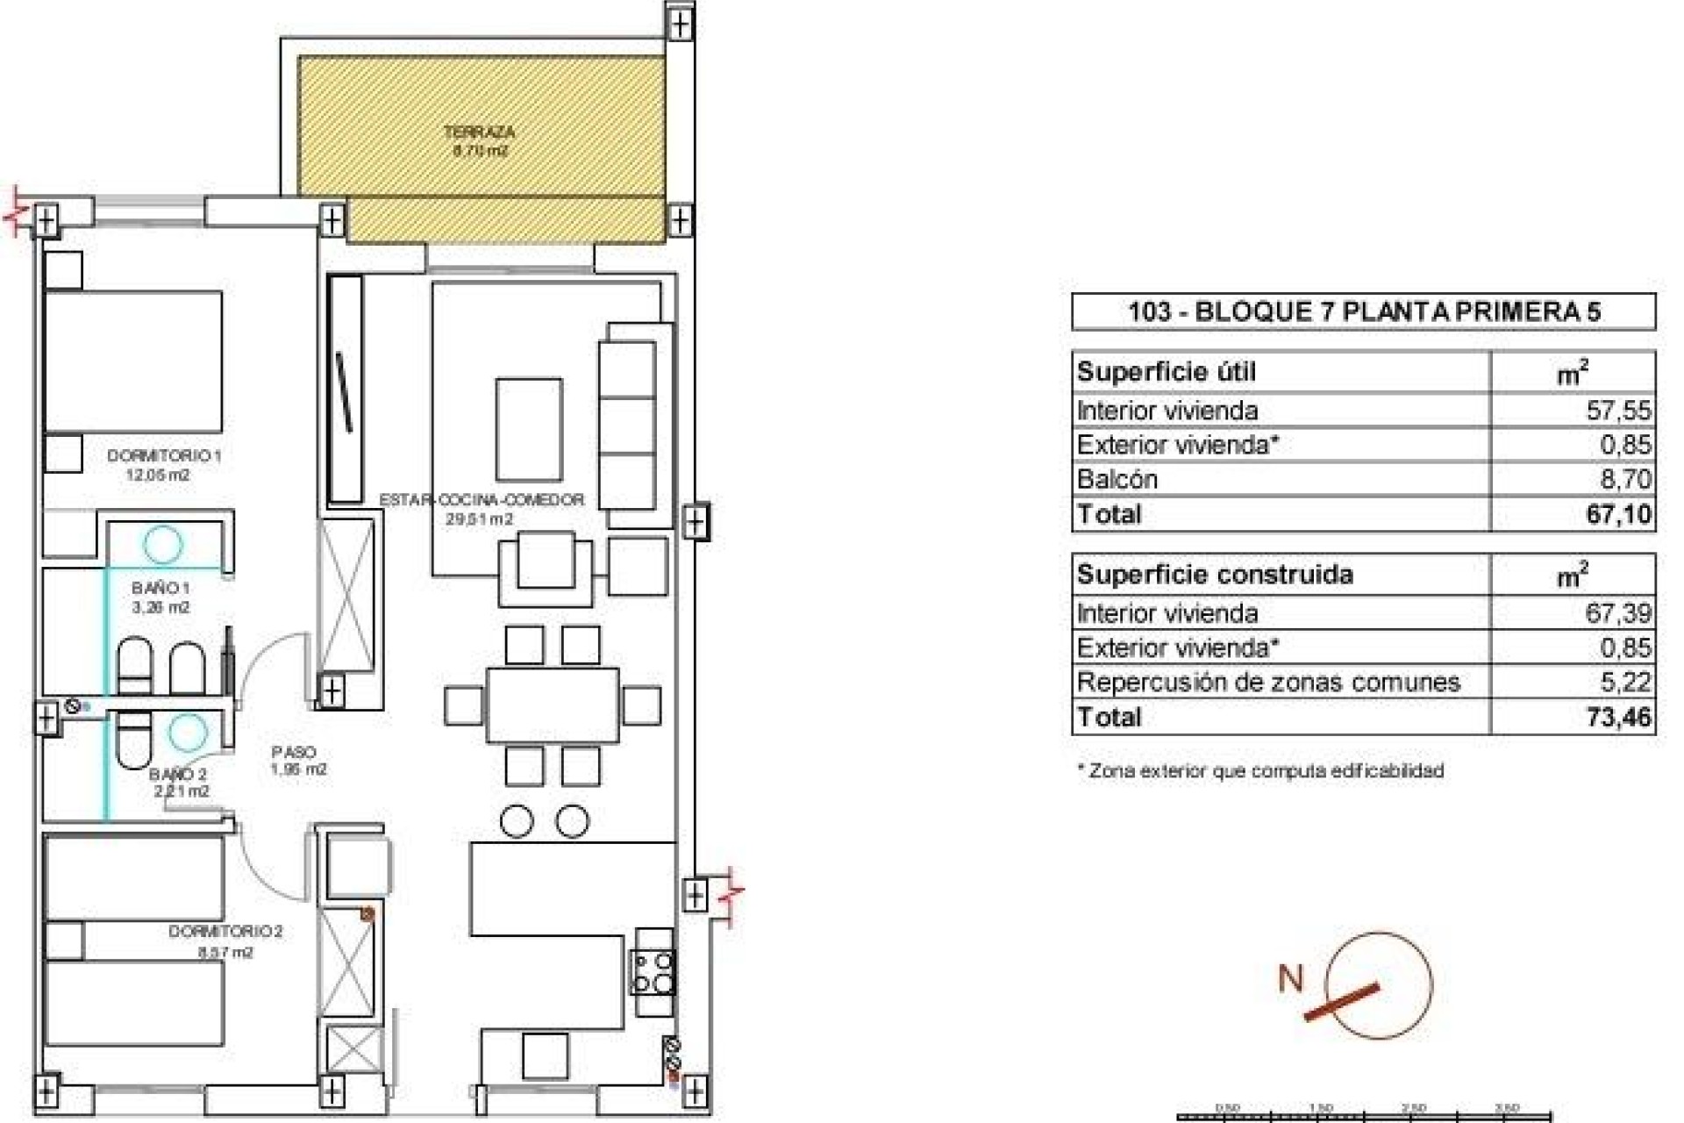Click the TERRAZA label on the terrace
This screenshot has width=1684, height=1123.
(479, 133)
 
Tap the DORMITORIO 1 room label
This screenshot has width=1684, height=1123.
(164, 456)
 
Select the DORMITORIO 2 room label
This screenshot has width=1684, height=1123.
(225, 932)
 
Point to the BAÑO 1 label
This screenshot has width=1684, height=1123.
(161, 588)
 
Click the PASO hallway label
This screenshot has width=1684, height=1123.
(294, 753)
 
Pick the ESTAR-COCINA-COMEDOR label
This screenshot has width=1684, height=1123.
(482, 500)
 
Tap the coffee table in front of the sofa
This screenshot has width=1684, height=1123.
(529, 428)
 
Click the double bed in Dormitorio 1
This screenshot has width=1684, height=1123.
(132, 361)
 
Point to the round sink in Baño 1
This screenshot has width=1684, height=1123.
(163, 544)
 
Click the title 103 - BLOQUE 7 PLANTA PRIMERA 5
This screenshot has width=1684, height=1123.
(1364, 311)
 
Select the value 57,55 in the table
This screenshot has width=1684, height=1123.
(1618, 411)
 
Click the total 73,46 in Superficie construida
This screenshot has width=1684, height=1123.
(1617, 717)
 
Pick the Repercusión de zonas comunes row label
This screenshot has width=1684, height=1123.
(1268, 683)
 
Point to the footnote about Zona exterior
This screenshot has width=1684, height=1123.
(1259, 771)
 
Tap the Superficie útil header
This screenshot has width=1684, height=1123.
(1167, 372)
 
